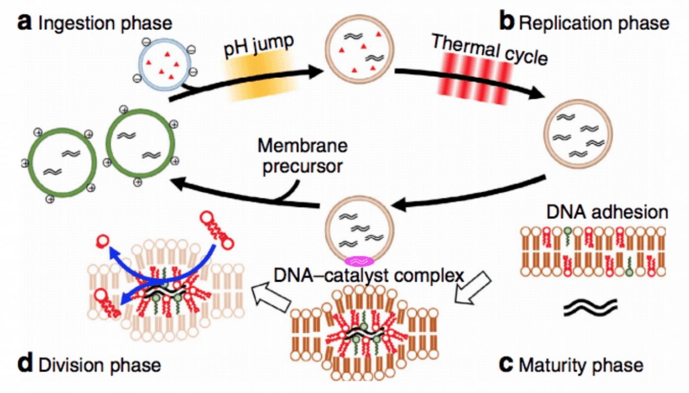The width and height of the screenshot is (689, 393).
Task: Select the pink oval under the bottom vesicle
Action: (360, 261)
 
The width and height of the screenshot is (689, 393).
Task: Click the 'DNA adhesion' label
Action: (607, 212)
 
